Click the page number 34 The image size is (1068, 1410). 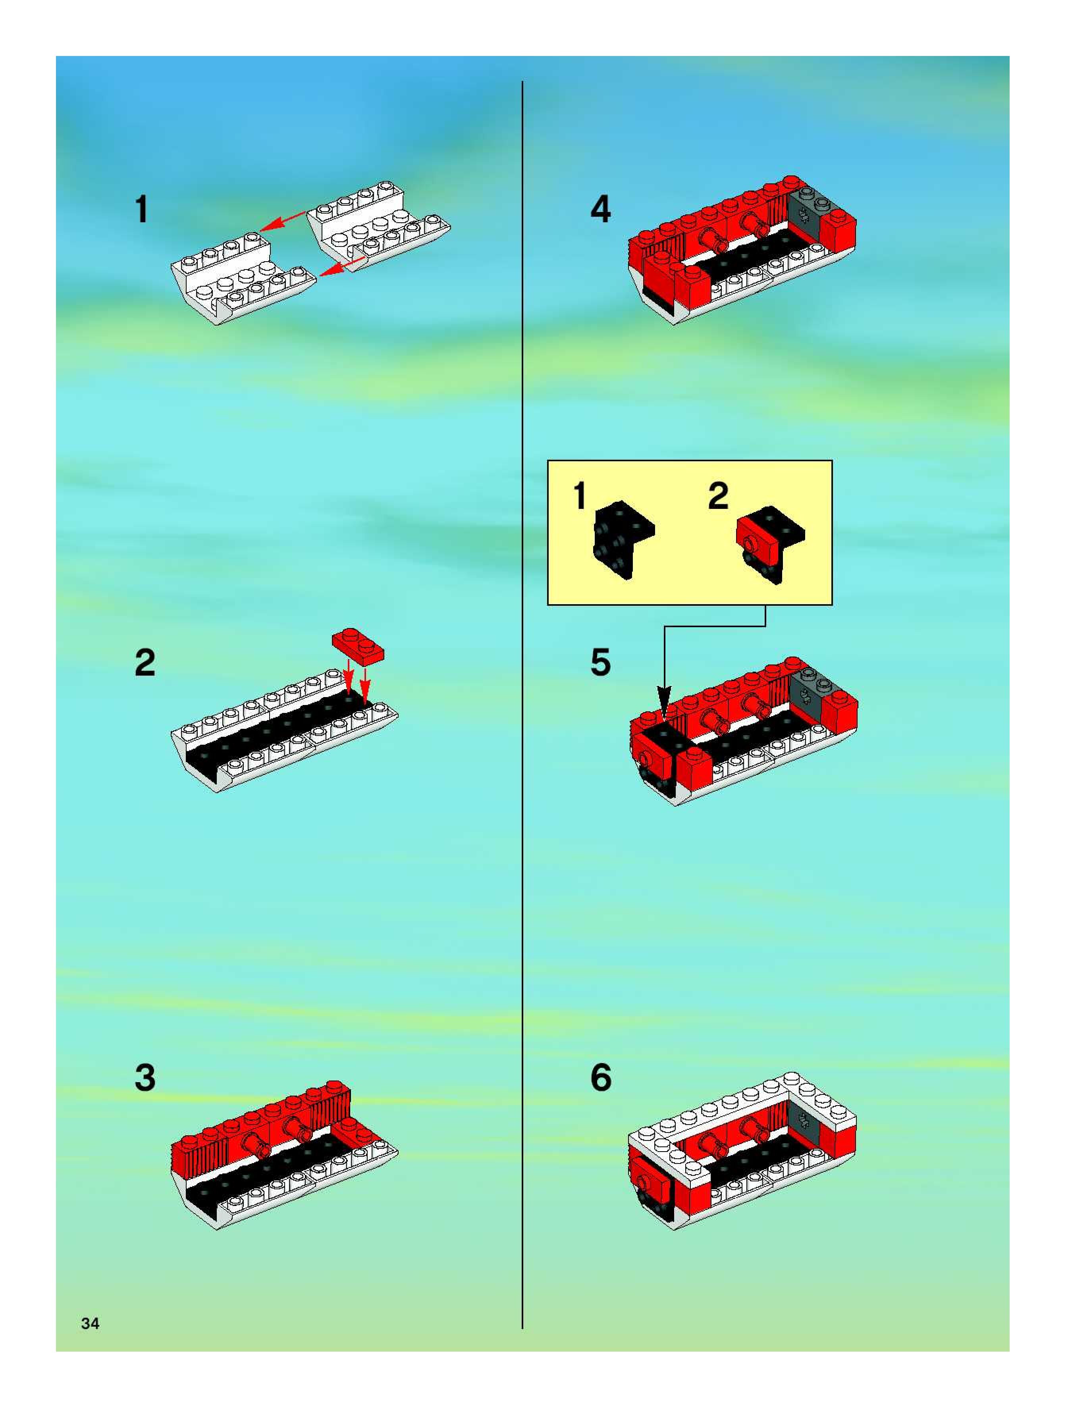coord(90,1324)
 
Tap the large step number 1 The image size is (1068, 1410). coord(142,210)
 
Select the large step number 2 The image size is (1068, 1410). coord(145,663)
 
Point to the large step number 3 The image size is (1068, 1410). coord(145,1078)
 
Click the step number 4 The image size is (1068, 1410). coord(601,209)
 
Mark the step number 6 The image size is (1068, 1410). coord(601,1078)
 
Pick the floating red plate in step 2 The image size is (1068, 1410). coord(358,645)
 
